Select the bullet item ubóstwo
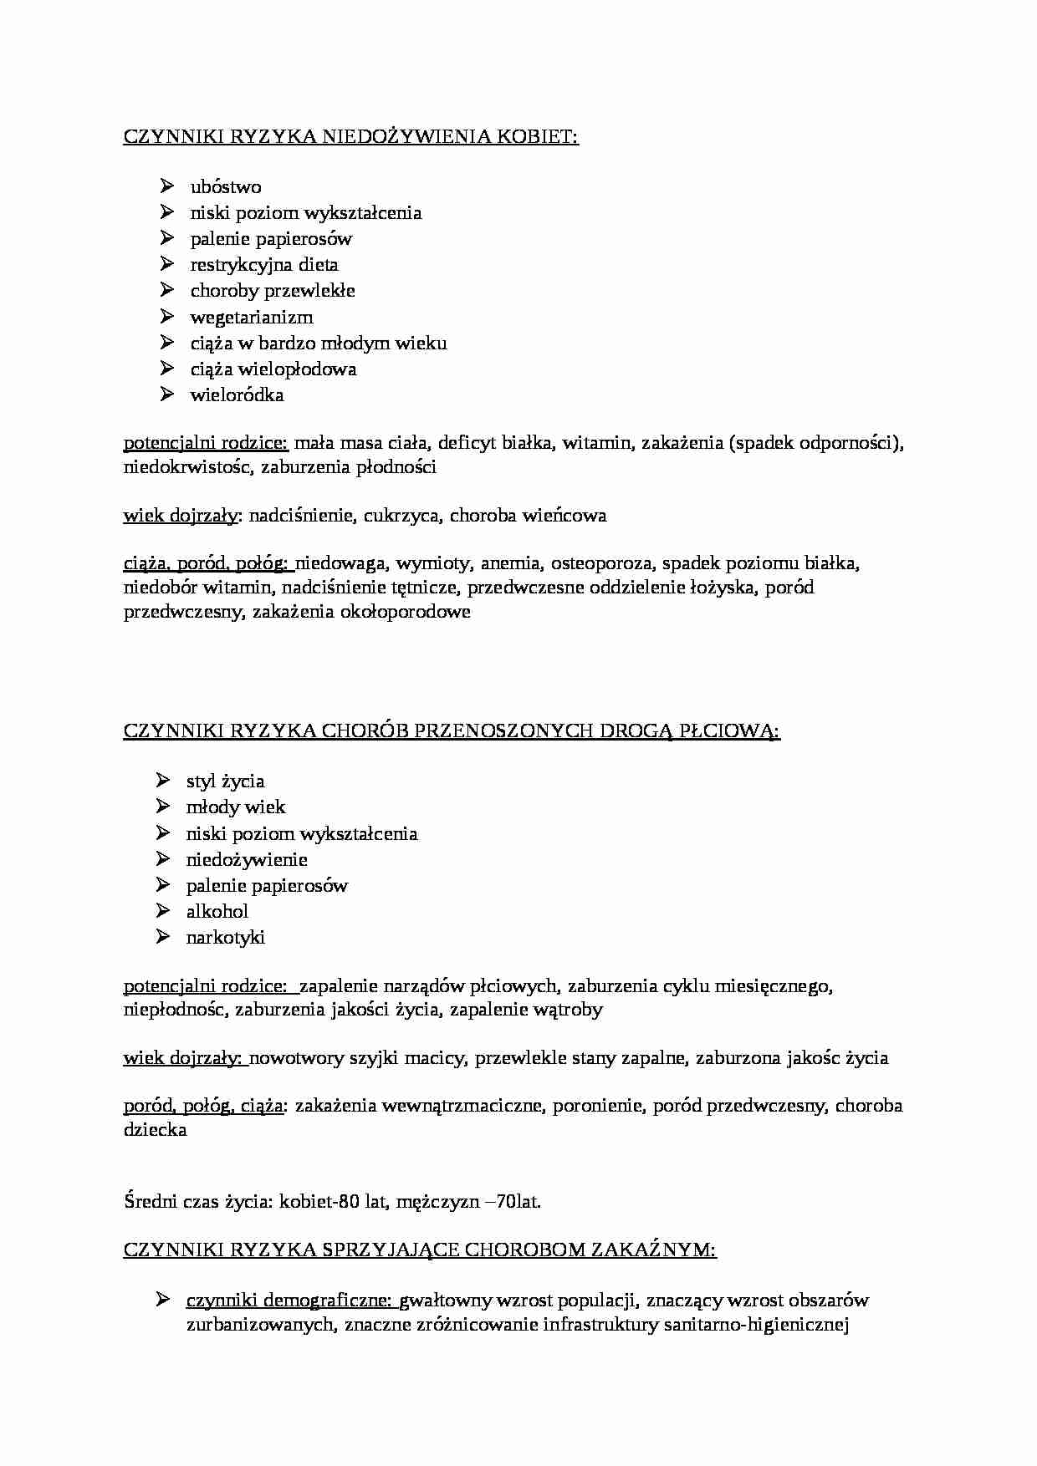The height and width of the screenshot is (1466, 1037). point(225,187)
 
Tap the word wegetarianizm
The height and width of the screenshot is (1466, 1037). point(251,318)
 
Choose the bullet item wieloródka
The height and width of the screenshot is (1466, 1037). point(237,395)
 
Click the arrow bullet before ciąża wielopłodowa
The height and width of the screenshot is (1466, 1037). point(167,369)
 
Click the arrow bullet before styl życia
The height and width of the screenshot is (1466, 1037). point(163,781)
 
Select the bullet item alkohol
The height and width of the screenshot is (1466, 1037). point(217,912)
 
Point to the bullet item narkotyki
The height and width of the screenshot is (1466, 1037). point(225,938)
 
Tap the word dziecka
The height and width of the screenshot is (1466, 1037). point(155,1130)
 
